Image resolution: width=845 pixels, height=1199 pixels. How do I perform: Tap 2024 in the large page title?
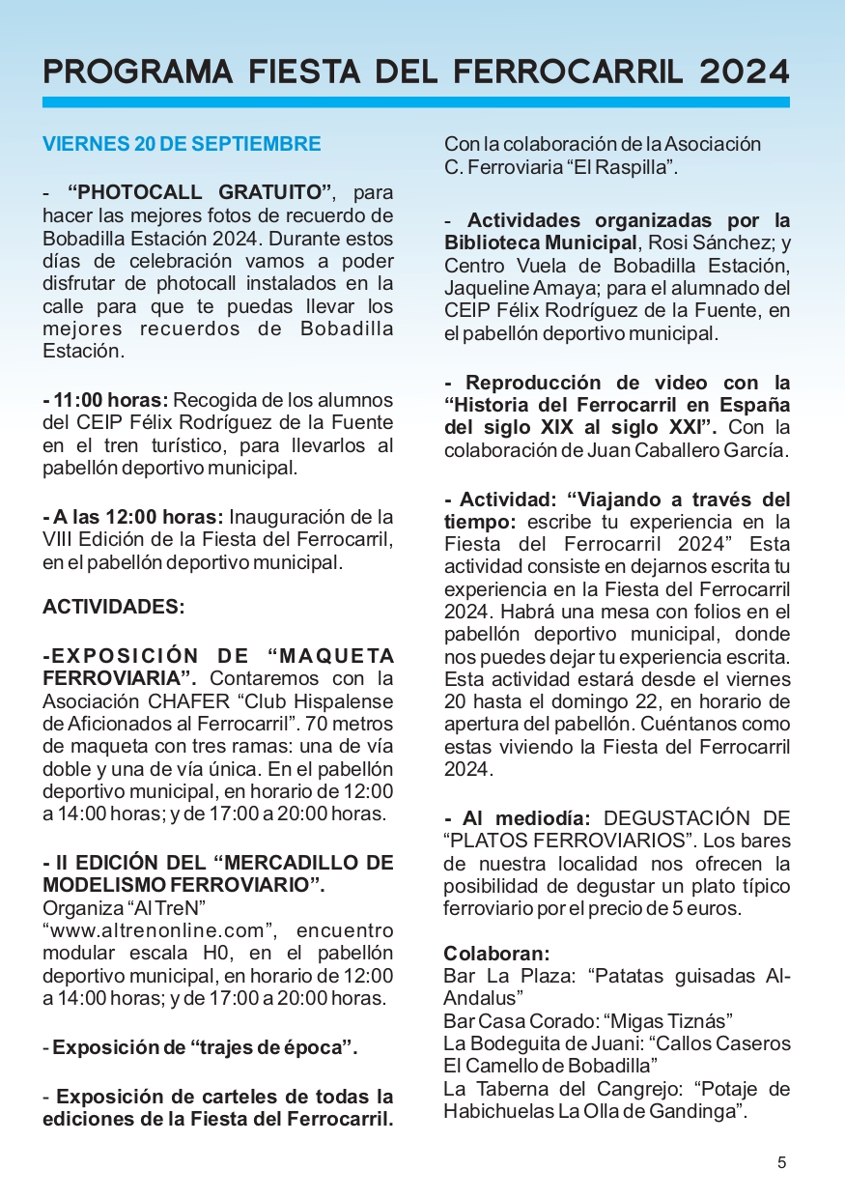click(x=745, y=71)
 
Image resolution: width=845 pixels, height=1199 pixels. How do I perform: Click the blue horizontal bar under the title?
click(x=415, y=101)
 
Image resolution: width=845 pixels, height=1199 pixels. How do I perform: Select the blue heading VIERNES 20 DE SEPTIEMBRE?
click(x=182, y=144)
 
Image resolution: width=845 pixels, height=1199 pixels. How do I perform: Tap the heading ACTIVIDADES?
click(x=113, y=607)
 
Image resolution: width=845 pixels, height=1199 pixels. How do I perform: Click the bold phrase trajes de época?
click(x=253, y=1047)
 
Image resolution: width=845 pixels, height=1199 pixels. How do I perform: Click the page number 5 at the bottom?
click(x=782, y=1162)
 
